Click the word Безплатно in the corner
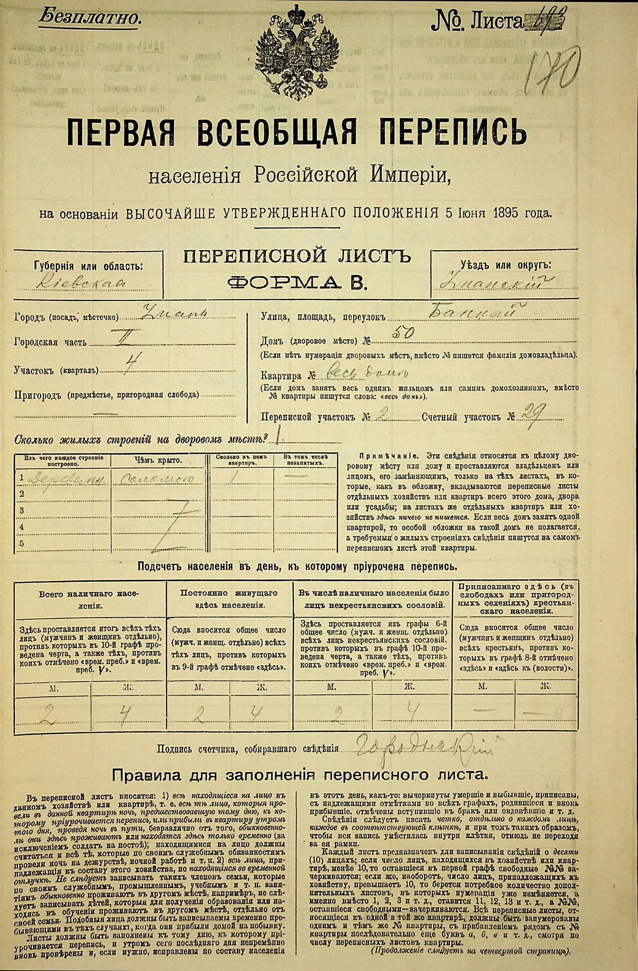pos(89,18)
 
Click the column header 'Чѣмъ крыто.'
pos(158,460)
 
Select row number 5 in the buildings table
pos(21,544)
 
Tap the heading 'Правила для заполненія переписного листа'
pos(300,775)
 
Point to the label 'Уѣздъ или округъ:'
pos(506,265)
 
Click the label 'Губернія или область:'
pos(89,266)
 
